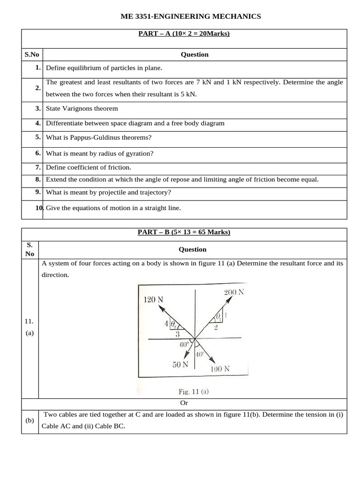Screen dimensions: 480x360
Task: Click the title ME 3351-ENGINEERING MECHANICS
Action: point(191,16)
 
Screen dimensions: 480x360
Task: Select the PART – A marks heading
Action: point(184,34)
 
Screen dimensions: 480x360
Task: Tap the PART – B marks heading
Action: point(184,232)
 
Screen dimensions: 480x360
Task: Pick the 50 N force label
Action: point(180,365)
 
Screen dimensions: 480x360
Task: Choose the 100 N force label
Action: point(219,368)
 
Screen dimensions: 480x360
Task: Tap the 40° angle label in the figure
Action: point(200,354)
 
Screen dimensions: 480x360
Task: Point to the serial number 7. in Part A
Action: point(37,167)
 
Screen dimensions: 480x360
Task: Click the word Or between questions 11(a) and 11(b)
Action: point(184,403)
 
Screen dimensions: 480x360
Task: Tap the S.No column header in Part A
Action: point(32,54)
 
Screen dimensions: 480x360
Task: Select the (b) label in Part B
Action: point(30,421)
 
